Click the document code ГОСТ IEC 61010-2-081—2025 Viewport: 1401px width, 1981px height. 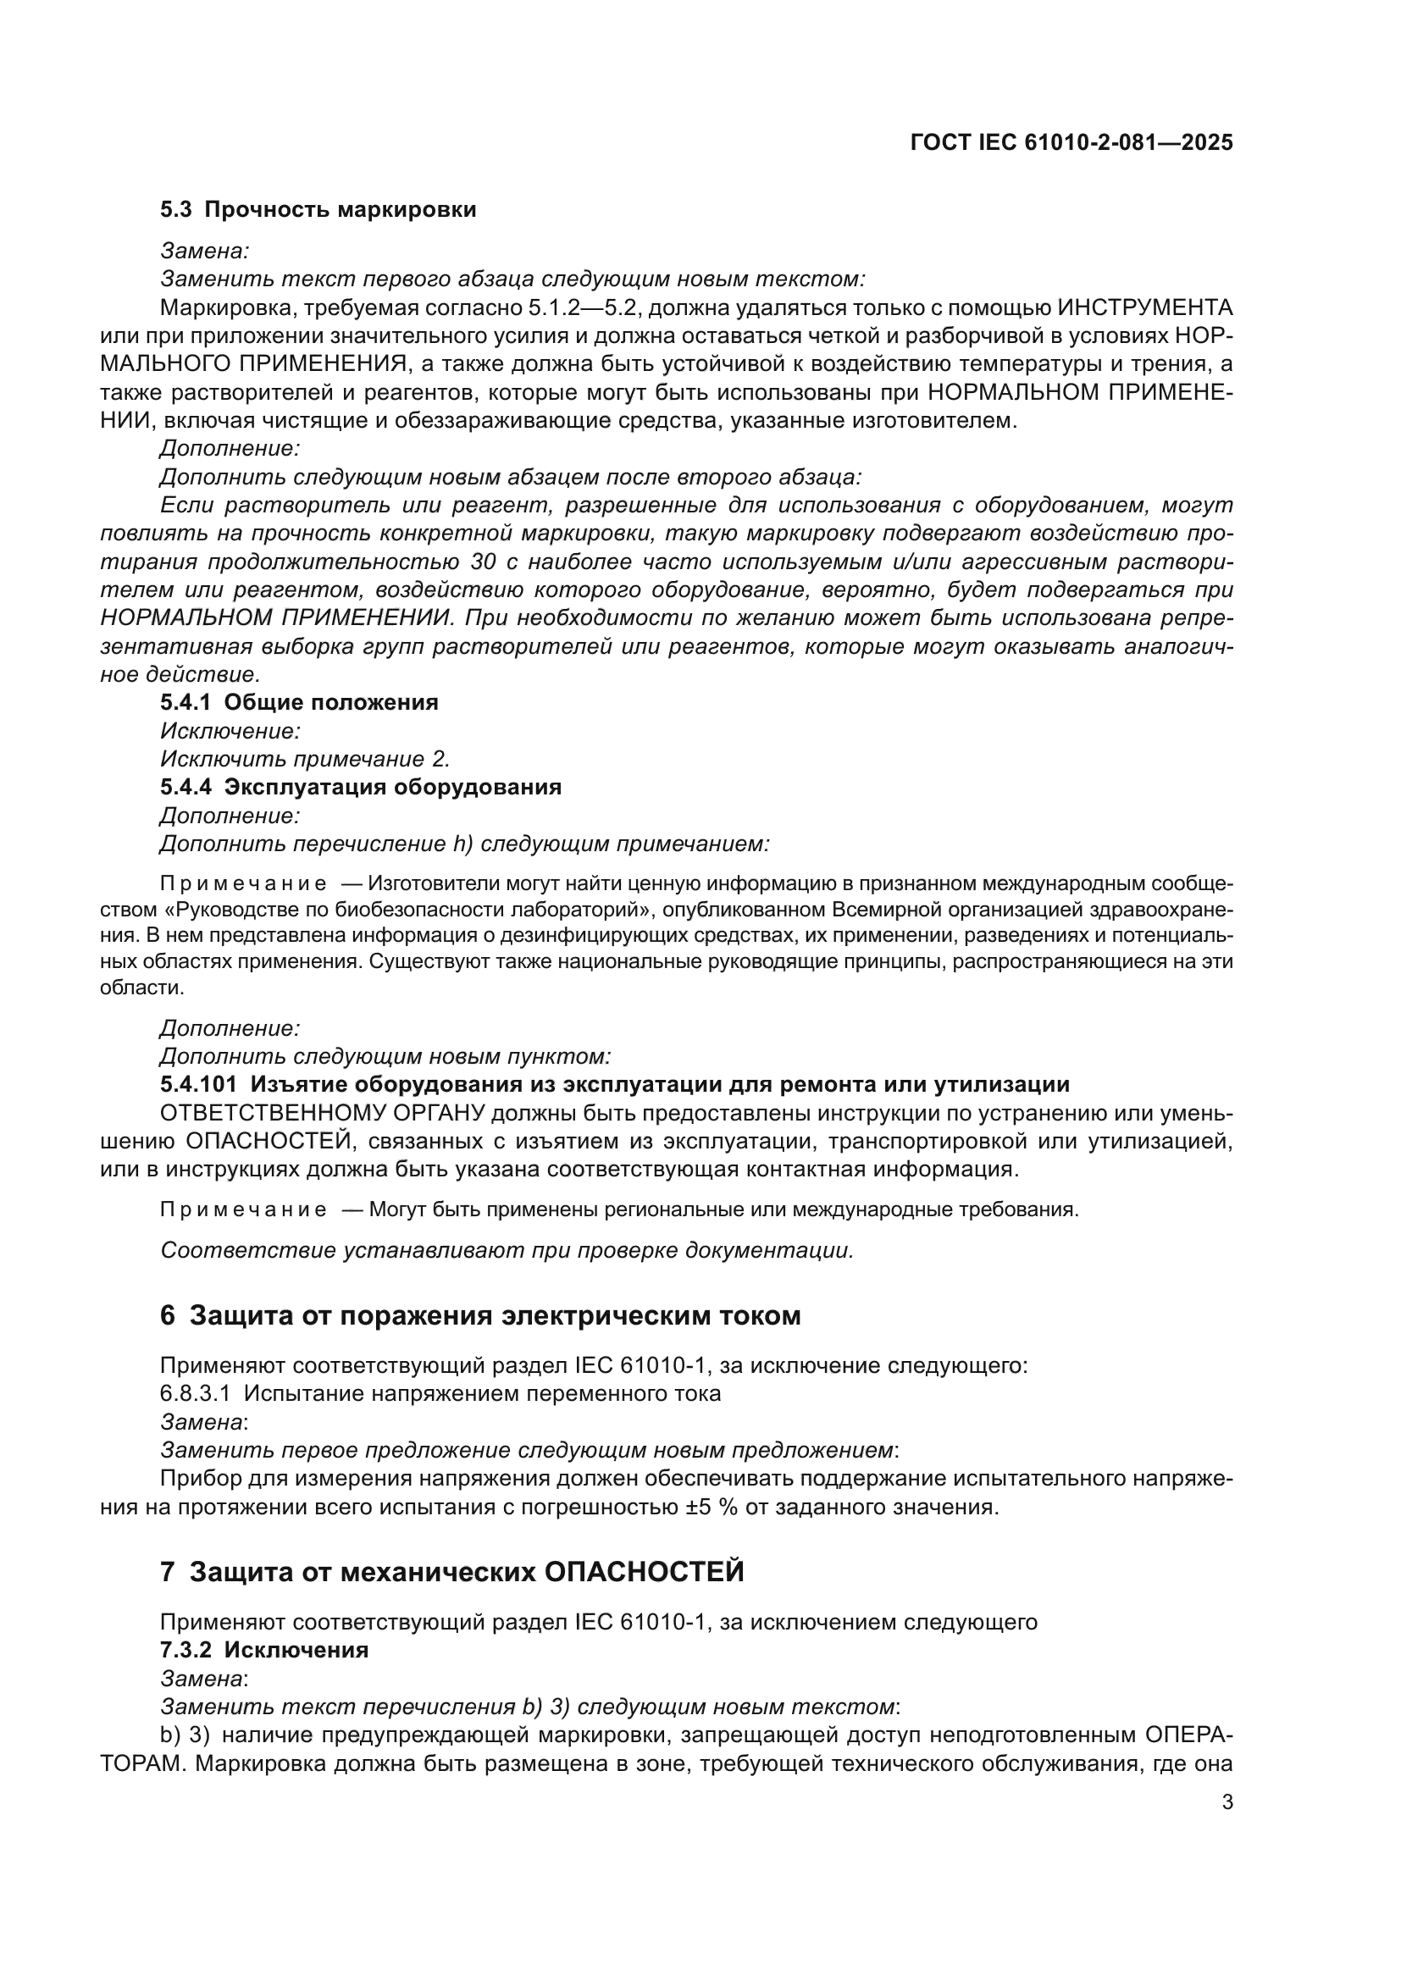pos(1071,142)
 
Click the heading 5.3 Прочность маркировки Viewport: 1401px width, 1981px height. pos(318,210)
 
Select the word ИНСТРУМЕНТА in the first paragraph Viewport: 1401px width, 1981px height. pos(1145,307)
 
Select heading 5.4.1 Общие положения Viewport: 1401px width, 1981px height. pos(298,702)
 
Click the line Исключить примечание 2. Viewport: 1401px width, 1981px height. pos(306,759)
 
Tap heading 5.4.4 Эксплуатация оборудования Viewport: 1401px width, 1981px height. pos(361,787)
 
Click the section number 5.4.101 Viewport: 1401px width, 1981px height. pos(197,1085)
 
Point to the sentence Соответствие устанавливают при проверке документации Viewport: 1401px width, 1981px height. pos(507,1250)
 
